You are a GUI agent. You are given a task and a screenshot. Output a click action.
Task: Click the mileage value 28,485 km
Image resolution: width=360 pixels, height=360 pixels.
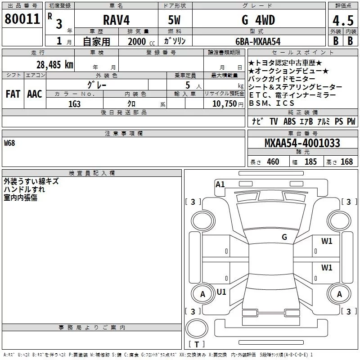(54, 64)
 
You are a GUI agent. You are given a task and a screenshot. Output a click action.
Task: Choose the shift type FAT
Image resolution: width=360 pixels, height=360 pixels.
(13, 94)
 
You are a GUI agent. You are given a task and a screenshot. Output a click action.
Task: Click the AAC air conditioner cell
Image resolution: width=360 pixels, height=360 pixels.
(34, 94)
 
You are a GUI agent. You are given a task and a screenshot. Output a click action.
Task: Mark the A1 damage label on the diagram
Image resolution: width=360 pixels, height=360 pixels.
(220, 184)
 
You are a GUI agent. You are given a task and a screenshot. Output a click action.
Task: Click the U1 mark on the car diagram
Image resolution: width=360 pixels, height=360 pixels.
(221, 292)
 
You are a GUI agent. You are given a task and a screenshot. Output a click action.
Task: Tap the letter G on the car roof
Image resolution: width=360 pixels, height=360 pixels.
(284, 237)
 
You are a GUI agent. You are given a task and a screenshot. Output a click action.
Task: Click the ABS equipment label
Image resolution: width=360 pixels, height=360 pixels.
(289, 121)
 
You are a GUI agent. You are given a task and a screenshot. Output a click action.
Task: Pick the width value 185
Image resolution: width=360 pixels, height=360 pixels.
(310, 162)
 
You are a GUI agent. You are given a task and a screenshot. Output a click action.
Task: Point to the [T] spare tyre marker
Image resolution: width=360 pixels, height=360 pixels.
(196, 345)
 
